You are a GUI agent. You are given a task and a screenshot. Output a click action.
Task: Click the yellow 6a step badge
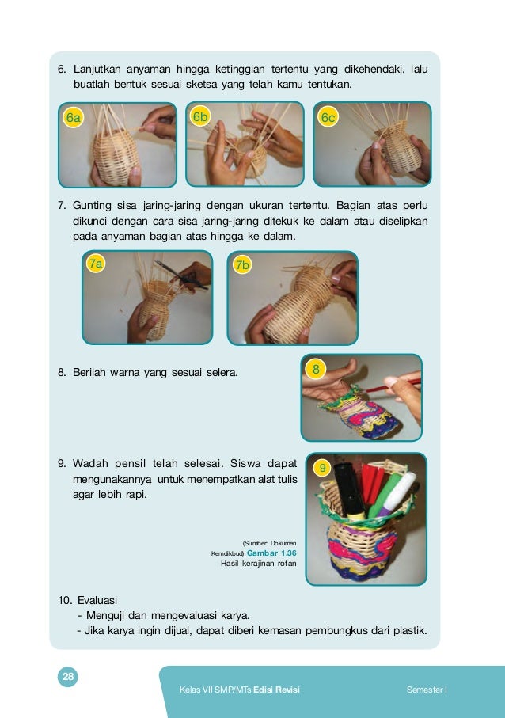tap(73, 118)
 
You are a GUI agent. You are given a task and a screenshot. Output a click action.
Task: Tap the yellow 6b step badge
tap(200, 117)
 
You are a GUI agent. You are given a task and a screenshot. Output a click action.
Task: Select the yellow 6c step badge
tap(328, 117)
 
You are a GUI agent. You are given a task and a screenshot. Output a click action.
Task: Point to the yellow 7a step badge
tap(96, 264)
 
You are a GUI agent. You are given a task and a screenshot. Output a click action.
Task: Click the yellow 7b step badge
tap(242, 264)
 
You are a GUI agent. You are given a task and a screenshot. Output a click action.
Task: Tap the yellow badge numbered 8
tap(316, 369)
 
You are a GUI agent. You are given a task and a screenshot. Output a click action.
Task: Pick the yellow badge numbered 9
tap(322, 468)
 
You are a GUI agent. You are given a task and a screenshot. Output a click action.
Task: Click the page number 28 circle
tap(68, 677)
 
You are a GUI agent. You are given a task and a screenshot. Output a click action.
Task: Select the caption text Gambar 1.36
tap(271, 553)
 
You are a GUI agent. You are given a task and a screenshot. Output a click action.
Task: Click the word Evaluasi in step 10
tap(97, 600)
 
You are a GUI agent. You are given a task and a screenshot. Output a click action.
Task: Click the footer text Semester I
tap(427, 690)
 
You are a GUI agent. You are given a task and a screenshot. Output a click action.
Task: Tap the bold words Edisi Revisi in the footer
tap(276, 690)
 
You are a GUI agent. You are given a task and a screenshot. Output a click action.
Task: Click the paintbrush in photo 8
tap(393, 386)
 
